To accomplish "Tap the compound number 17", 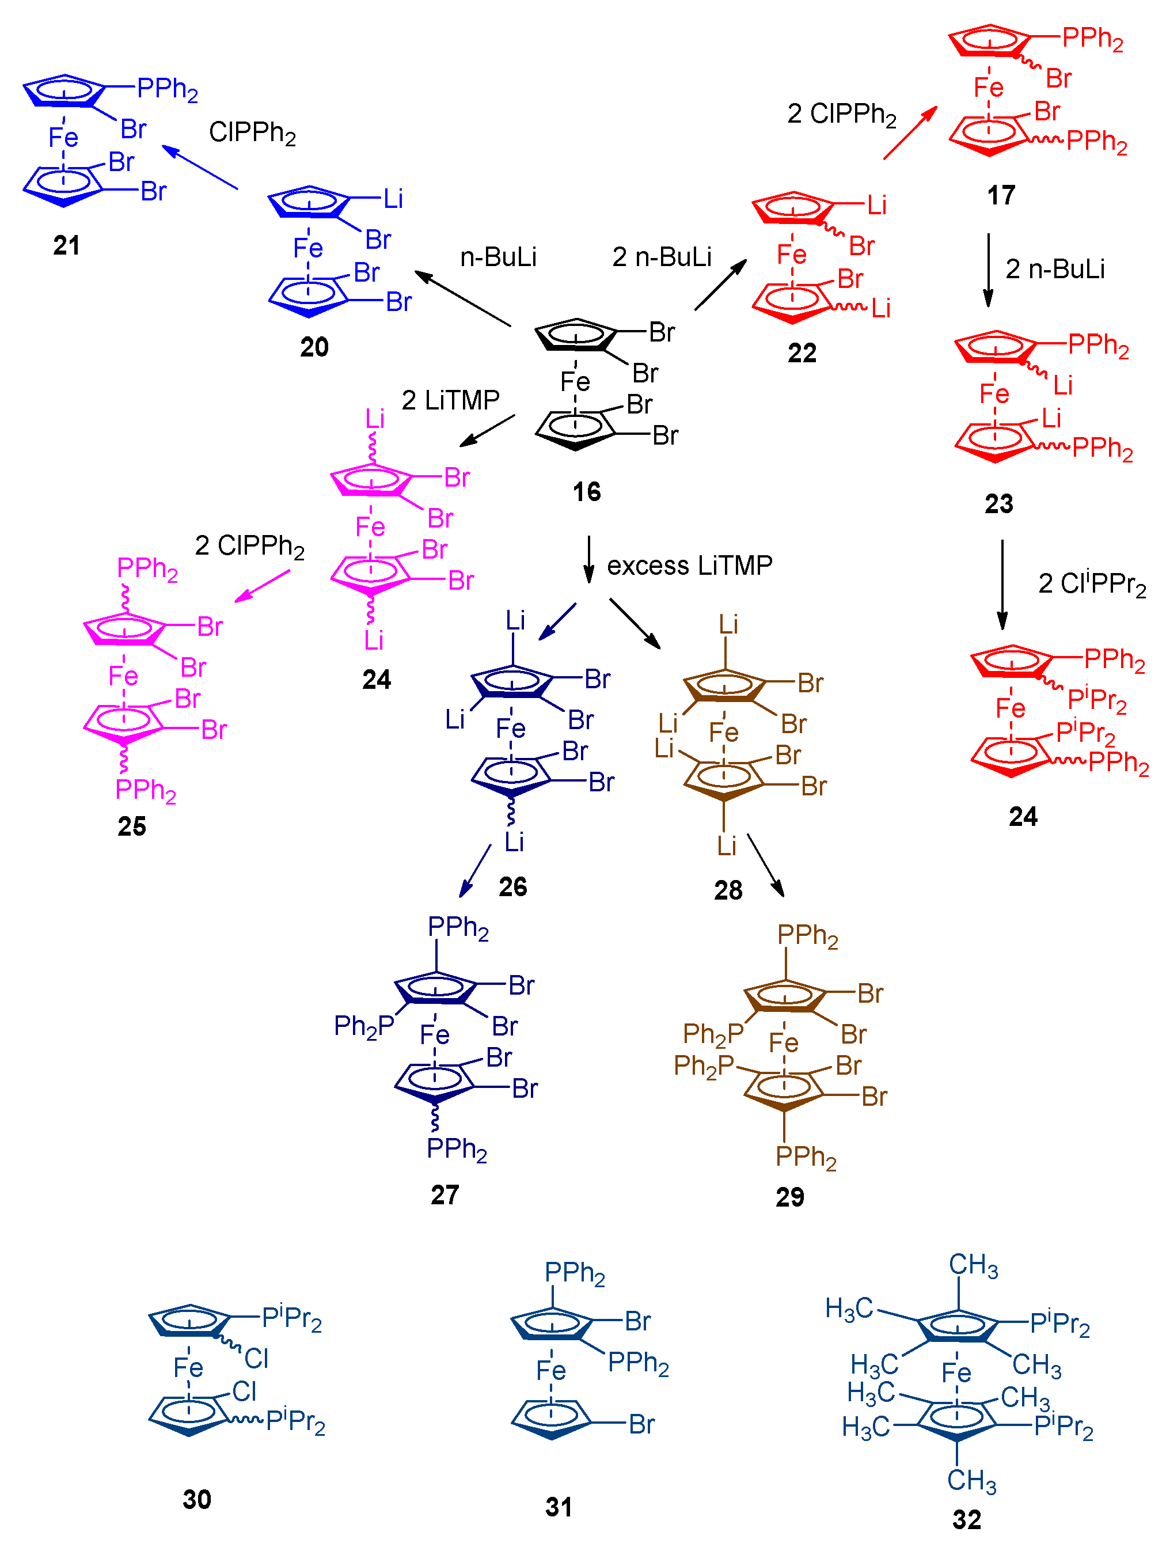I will tap(1001, 195).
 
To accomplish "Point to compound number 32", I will tap(966, 1519).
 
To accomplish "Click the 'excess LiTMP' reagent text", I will tap(689, 565).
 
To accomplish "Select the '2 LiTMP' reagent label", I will tap(450, 400).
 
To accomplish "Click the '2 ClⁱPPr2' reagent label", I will tap(1091, 584).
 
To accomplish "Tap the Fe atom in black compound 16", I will tap(575, 382).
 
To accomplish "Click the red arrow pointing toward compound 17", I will tap(909, 133).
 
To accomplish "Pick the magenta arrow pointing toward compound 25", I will tap(261, 586).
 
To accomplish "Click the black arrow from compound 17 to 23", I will tap(988, 270).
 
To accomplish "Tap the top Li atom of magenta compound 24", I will tap(374, 419).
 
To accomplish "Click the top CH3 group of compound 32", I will tap(973, 1265).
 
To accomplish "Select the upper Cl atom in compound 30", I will tap(256, 1358).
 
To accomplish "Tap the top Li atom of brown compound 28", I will tap(728, 624).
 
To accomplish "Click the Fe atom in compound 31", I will tap(550, 1370).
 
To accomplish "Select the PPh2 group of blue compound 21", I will tap(167, 89).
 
